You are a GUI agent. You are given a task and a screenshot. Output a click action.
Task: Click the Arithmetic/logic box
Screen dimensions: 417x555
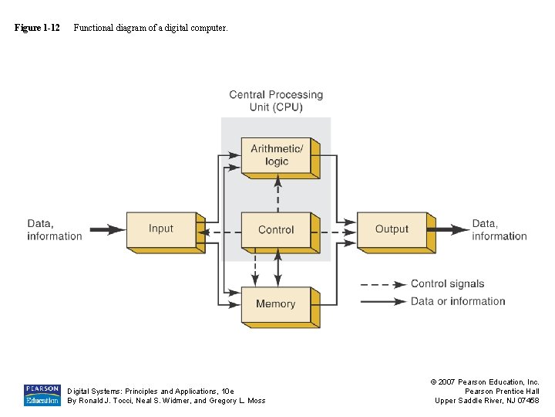pyautogui.click(x=276, y=155)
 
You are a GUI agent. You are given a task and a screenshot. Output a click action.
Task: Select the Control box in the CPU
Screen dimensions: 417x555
pyautogui.click(x=276, y=229)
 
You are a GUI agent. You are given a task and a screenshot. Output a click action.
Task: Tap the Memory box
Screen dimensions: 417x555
pyautogui.click(x=276, y=303)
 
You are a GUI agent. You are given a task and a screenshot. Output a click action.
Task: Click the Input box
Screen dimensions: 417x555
pyautogui.click(x=161, y=229)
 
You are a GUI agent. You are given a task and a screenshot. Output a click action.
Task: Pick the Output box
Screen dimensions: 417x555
pyautogui.click(x=392, y=229)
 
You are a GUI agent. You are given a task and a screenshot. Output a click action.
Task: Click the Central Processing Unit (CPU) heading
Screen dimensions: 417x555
pyautogui.click(x=276, y=101)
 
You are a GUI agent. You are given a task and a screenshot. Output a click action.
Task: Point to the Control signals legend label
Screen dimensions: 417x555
pyautogui.click(x=448, y=284)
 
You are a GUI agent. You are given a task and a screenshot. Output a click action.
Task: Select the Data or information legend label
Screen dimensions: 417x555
pyautogui.click(x=458, y=301)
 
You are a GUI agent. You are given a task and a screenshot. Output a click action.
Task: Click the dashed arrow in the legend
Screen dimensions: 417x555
pyautogui.click(x=383, y=284)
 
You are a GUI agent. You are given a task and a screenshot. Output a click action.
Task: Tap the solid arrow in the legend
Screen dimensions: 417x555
pyautogui.click(x=383, y=301)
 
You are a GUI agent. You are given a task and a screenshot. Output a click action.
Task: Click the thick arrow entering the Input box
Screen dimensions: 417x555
pyautogui.click(x=107, y=229)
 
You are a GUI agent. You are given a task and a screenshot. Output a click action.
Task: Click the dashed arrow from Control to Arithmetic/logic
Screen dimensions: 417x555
pyautogui.click(x=277, y=193)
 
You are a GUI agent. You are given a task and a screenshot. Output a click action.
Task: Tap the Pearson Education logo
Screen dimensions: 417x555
pyautogui.click(x=42, y=395)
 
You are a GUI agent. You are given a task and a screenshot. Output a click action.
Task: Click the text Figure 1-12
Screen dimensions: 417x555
pyautogui.click(x=37, y=28)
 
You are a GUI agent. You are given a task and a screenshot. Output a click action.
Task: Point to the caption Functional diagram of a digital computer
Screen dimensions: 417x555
pyautogui.click(x=150, y=28)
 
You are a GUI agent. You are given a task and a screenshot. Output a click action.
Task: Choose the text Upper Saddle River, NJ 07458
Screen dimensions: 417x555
pyautogui.click(x=487, y=400)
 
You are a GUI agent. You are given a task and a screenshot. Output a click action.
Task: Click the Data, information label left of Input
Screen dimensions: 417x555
pyautogui.click(x=54, y=230)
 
